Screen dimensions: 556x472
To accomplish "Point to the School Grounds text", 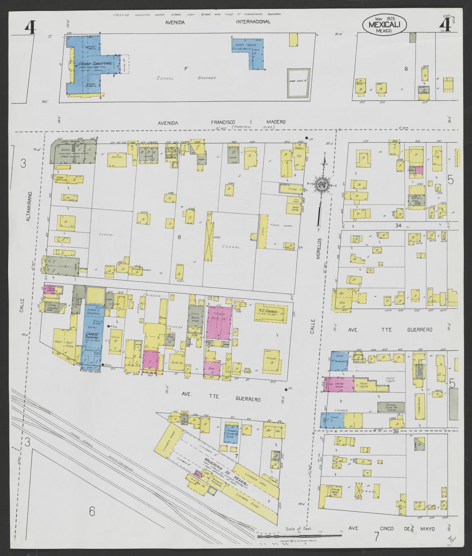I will coord(186,78).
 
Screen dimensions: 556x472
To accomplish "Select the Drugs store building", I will coord(291,188).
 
